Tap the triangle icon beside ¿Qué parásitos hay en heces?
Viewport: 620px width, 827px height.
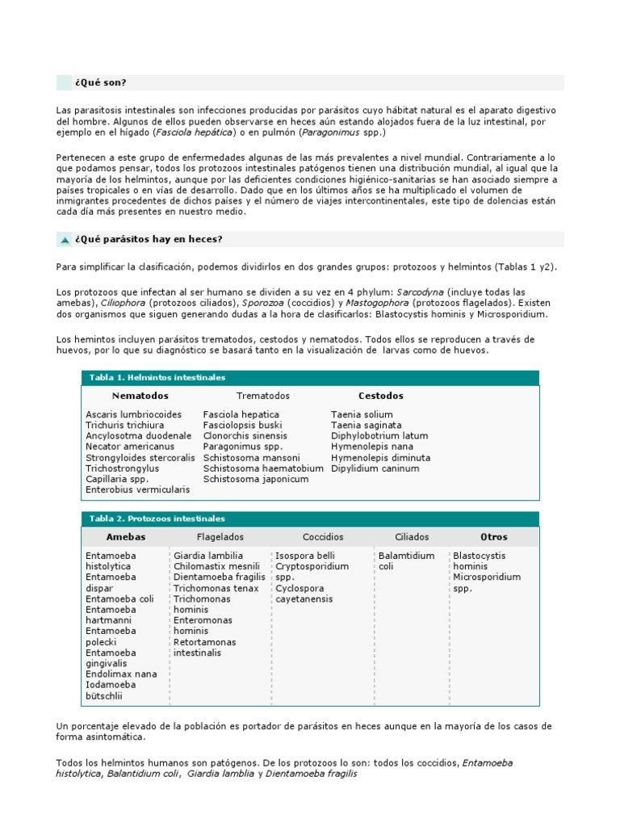tap(65, 240)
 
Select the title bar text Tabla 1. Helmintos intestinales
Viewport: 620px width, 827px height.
tap(157, 377)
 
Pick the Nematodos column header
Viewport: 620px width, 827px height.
tap(140, 396)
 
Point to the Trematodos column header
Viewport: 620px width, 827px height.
tap(262, 396)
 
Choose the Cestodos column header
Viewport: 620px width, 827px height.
tap(380, 396)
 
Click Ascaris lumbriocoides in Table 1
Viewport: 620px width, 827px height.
tap(133, 414)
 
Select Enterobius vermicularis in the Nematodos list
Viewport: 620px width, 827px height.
tap(137, 489)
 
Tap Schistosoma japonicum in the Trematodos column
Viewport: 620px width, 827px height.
tap(255, 479)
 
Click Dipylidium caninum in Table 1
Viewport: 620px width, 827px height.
tap(375, 468)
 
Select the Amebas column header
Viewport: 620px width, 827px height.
tap(125, 536)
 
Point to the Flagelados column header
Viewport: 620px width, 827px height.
tap(220, 536)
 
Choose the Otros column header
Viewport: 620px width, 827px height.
tap(493, 536)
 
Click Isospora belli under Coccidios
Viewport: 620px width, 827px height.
tap(304, 556)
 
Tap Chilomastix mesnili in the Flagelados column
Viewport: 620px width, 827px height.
tap(216, 566)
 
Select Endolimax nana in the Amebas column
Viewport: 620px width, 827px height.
tap(121, 674)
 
